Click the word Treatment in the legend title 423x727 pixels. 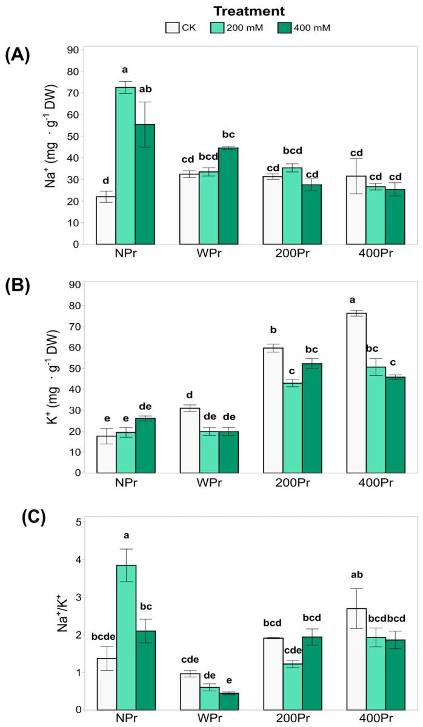coord(249,11)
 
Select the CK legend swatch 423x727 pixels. coord(172,27)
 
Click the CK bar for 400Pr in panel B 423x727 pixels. coord(356,393)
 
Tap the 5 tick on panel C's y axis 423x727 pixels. coord(78,522)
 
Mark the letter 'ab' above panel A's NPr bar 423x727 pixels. coord(145,88)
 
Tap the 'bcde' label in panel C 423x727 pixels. coord(104,636)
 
